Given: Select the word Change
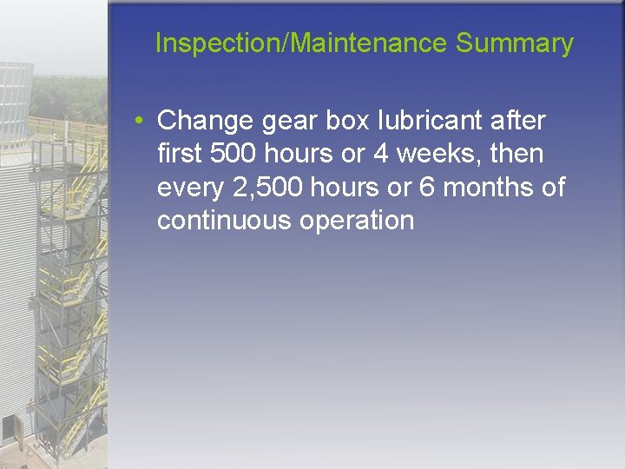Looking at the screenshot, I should point(202,120).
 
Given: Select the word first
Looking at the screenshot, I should point(181,154).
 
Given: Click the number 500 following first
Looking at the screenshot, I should point(234,154).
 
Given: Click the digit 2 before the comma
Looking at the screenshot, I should point(243,188).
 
